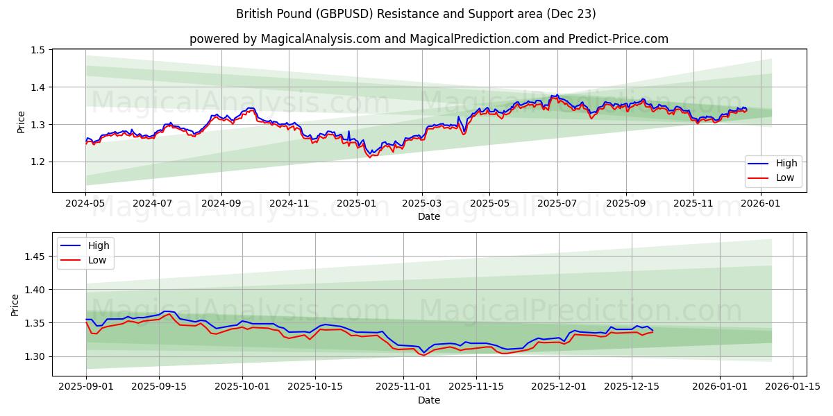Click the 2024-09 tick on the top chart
(221, 205)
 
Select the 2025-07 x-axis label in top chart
(557, 205)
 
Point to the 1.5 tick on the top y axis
(37, 50)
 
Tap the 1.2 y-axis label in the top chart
(37, 162)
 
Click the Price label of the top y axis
(22, 121)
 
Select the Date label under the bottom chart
(428, 400)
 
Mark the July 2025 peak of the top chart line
(555, 95)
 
